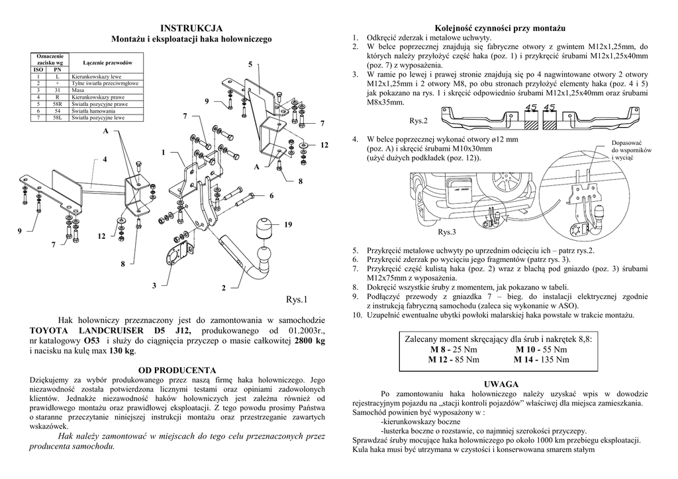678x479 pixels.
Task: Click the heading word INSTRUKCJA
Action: click(x=192, y=28)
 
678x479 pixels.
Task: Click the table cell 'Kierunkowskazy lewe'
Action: click(x=99, y=77)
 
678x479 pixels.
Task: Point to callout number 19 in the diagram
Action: click(x=288, y=226)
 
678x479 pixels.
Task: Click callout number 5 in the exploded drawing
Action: click(x=250, y=64)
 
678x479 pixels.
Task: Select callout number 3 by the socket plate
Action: click(x=154, y=285)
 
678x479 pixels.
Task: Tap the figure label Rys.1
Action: click(x=298, y=300)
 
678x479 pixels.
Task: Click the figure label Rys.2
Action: click(x=419, y=121)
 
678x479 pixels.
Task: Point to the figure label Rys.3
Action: click(x=448, y=232)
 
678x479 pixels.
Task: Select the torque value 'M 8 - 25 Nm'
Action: click(x=454, y=349)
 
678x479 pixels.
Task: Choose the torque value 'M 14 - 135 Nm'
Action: click(x=541, y=360)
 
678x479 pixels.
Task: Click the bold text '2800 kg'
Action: click(x=309, y=341)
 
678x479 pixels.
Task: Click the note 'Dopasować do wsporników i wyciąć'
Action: click(x=632, y=150)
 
